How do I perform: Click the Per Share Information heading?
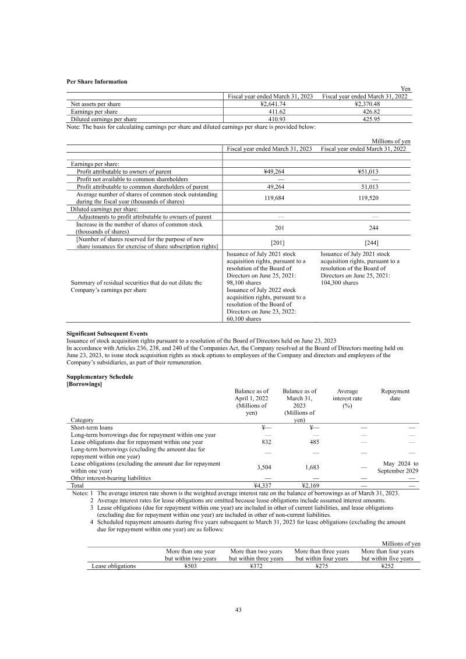pyautogui.click(x=97, y=82)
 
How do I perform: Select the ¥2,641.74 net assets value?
pyautogui.click(x=272, y=104)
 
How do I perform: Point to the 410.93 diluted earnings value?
pyautogui.click(x=272, y=119)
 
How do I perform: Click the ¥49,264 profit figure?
pyautogui.click(x=272, y=171)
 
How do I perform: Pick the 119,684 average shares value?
pyautogui.click(x=272, y=198)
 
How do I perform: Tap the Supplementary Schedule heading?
pyautogui.click(x=100, y=376)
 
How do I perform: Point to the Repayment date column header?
pyautogui.click(x=395, y=395)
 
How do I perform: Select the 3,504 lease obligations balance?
pyautogui.click(x=251, y=467)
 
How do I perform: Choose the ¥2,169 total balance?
pyautogui.click(x=298, y=485)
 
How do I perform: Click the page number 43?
pyautogui.click(x=238, y=610)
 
